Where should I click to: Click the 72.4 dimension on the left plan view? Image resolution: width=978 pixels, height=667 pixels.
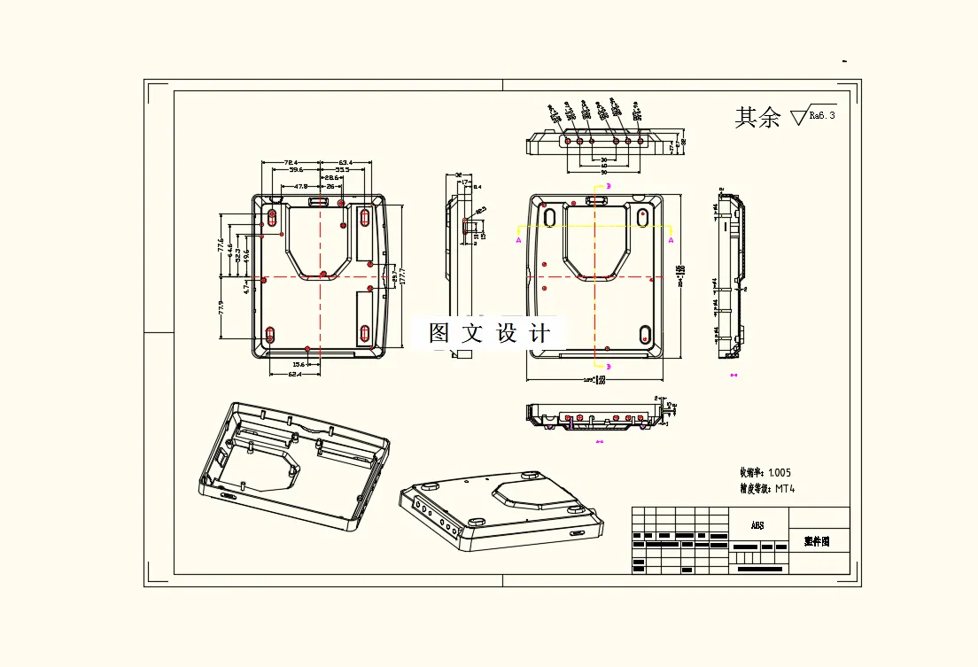click(x=290, y=162)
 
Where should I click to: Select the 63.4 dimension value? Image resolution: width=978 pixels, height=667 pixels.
click(x=345, y=162)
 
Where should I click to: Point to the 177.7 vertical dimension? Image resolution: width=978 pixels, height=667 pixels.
click(x=404, y=276)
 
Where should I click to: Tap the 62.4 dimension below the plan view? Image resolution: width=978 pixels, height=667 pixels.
click(x=295, y=374)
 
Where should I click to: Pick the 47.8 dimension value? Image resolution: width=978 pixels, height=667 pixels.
click(x=300, y=187)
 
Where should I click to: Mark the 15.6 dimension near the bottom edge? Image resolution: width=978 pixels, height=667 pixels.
click(x=299, y=364)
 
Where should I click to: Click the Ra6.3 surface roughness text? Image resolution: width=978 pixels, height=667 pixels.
click(x=821, y=116)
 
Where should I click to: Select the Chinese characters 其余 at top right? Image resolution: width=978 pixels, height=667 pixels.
click(x=757, y=117)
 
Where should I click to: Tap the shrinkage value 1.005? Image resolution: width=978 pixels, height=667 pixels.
click(x=780, y=473)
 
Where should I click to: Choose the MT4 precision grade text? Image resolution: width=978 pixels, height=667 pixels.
click(x=785, y=488)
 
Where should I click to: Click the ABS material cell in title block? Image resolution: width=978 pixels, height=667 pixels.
click(x=757, y=525)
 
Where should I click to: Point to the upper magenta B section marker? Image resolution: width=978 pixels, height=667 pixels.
click(x=609, y=186)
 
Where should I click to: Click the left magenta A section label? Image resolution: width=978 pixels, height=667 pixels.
click(x=519, y=239)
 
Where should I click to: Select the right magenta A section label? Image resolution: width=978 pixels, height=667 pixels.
click(x=671, y=239)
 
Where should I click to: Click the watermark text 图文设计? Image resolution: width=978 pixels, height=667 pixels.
click(x=489, y=333)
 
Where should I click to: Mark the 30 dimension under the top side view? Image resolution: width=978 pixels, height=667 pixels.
click(x=604, y=159)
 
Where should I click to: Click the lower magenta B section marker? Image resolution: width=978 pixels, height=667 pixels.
click(x=609, y=365)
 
